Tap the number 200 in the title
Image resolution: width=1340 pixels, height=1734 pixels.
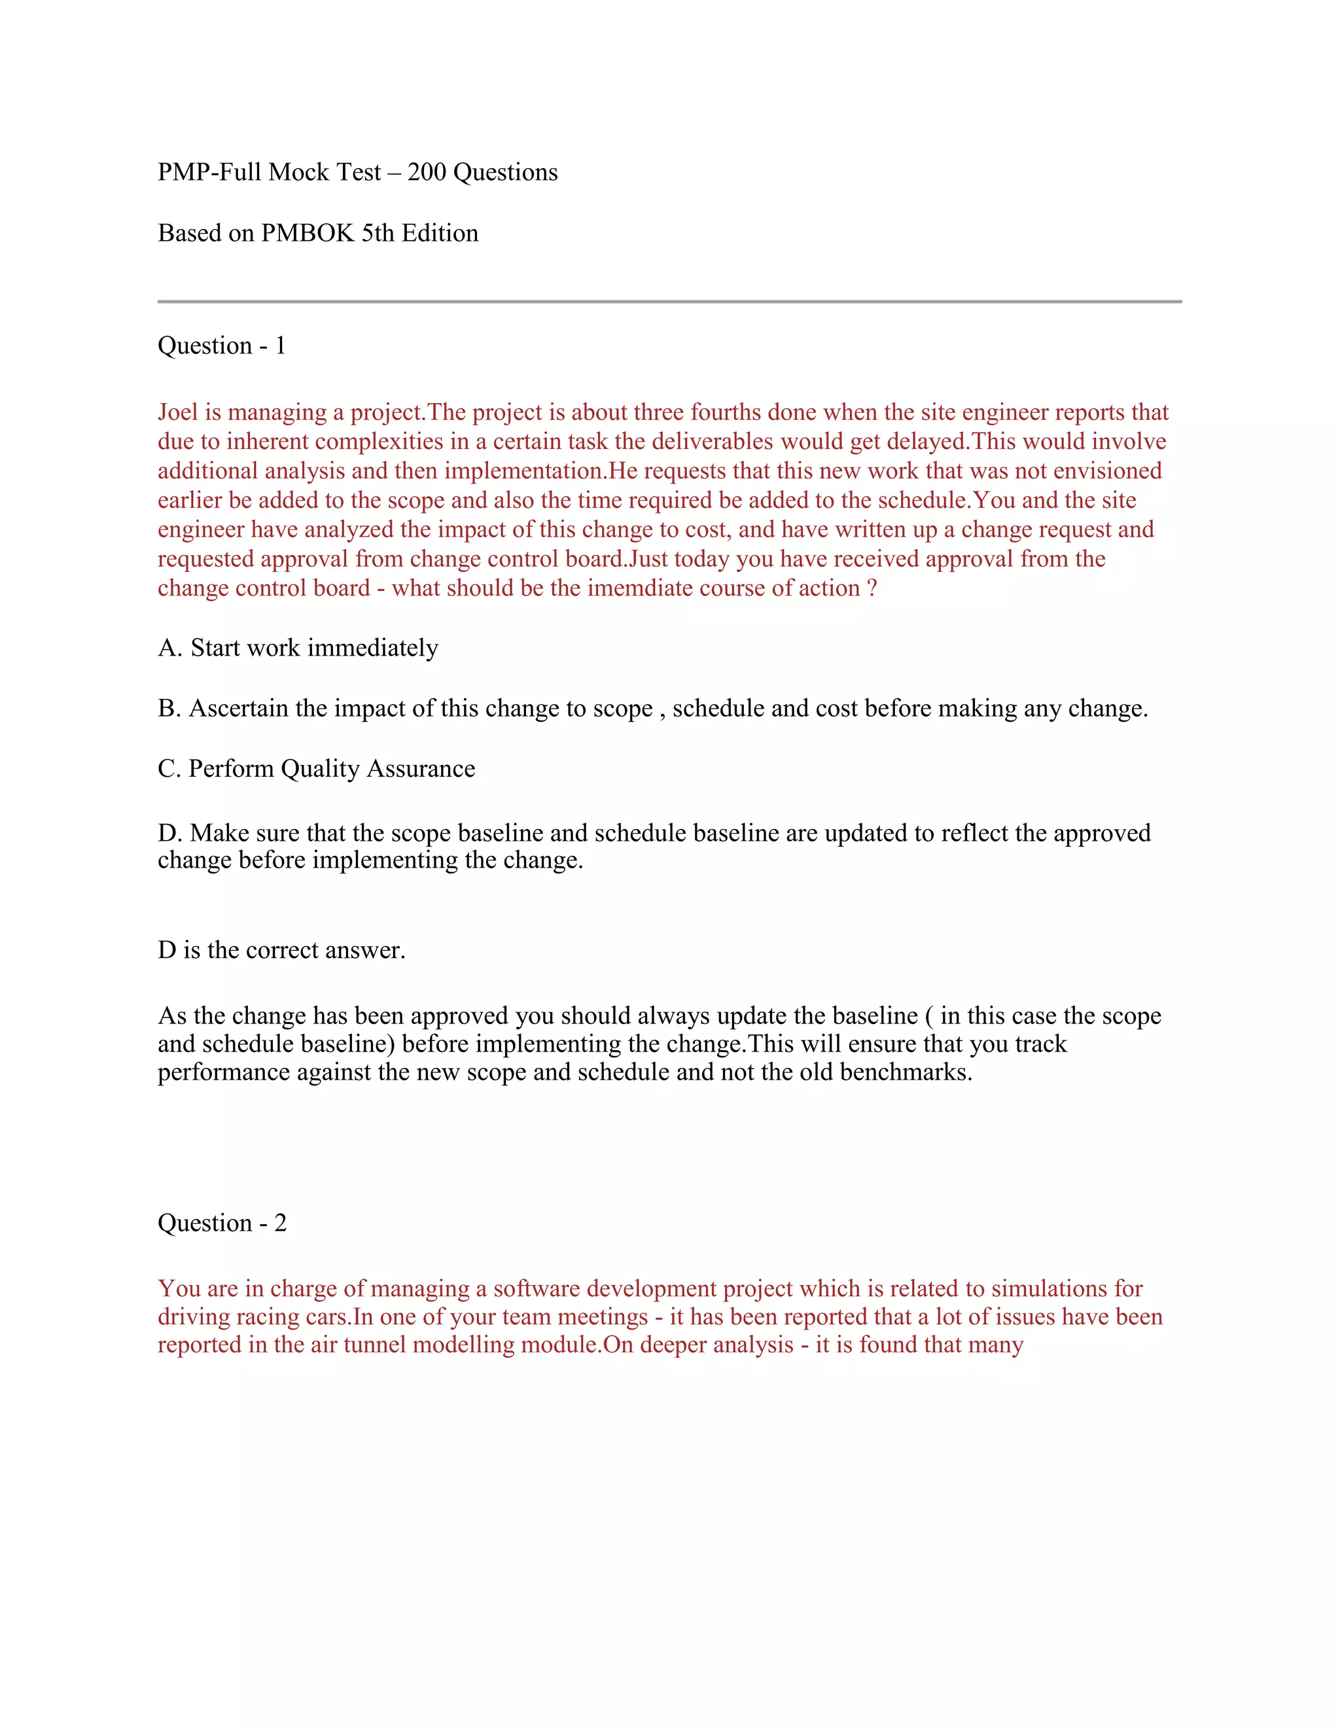[427, 172]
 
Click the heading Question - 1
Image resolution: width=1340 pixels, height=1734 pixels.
[222, 346]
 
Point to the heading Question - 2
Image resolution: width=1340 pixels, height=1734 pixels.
[222, 1224]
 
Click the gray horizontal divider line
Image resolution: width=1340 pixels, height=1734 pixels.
[669, 302]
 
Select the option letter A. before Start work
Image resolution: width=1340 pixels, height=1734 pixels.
[170, 648]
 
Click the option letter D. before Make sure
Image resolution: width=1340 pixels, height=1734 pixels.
[170, 834]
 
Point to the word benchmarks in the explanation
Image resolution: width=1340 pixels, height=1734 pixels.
[905, 1072]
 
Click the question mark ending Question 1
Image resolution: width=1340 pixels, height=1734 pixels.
[872, 588]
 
